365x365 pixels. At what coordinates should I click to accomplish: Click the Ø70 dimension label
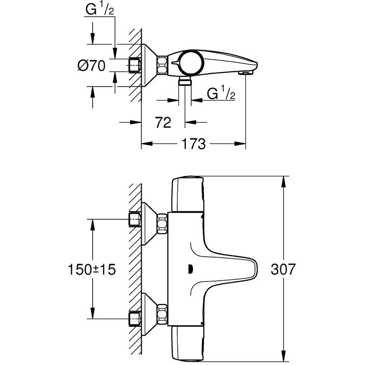point(91,66)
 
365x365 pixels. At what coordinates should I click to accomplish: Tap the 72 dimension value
point(163,123)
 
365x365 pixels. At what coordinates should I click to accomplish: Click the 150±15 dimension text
point(92,270)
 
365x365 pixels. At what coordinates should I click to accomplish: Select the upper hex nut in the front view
point(162,224)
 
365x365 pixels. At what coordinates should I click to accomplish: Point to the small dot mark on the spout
point(189,270)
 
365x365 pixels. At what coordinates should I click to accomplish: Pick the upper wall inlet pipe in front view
point(135,219)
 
